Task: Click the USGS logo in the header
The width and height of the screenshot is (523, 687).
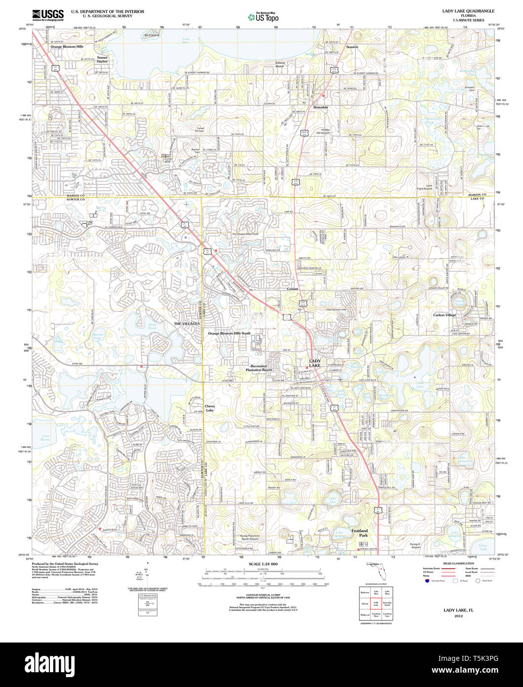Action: coord(47,15)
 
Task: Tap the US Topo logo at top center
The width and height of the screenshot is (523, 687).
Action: coord(263,16)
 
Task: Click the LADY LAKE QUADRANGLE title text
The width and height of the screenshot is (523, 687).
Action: coord(468,11)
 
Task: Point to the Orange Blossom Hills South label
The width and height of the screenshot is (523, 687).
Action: coord(229,334)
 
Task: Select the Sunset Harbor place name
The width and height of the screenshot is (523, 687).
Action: coord(102,59)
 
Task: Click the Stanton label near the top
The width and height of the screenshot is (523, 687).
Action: coord(352,47)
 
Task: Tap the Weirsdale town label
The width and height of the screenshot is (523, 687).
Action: coord(321,107)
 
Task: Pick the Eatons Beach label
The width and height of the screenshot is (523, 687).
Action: coord(280,64)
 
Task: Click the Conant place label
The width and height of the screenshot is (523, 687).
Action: coord(292,289)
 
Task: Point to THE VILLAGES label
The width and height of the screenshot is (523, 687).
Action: coord(187,323)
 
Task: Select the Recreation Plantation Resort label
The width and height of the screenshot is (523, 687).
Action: coord(259,368)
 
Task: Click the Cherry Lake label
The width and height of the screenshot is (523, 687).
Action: coord(210,408)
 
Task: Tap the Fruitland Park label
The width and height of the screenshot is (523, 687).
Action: coord(360,533)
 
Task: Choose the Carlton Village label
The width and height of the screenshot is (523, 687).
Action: coord(444,315)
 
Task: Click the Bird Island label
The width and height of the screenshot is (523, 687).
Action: coord(152,36)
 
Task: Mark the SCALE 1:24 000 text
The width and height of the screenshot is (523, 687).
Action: coord(263,564)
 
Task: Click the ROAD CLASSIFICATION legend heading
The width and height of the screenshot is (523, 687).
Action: coord(458,563)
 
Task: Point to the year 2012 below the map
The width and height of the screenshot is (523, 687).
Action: coord(459,616)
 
